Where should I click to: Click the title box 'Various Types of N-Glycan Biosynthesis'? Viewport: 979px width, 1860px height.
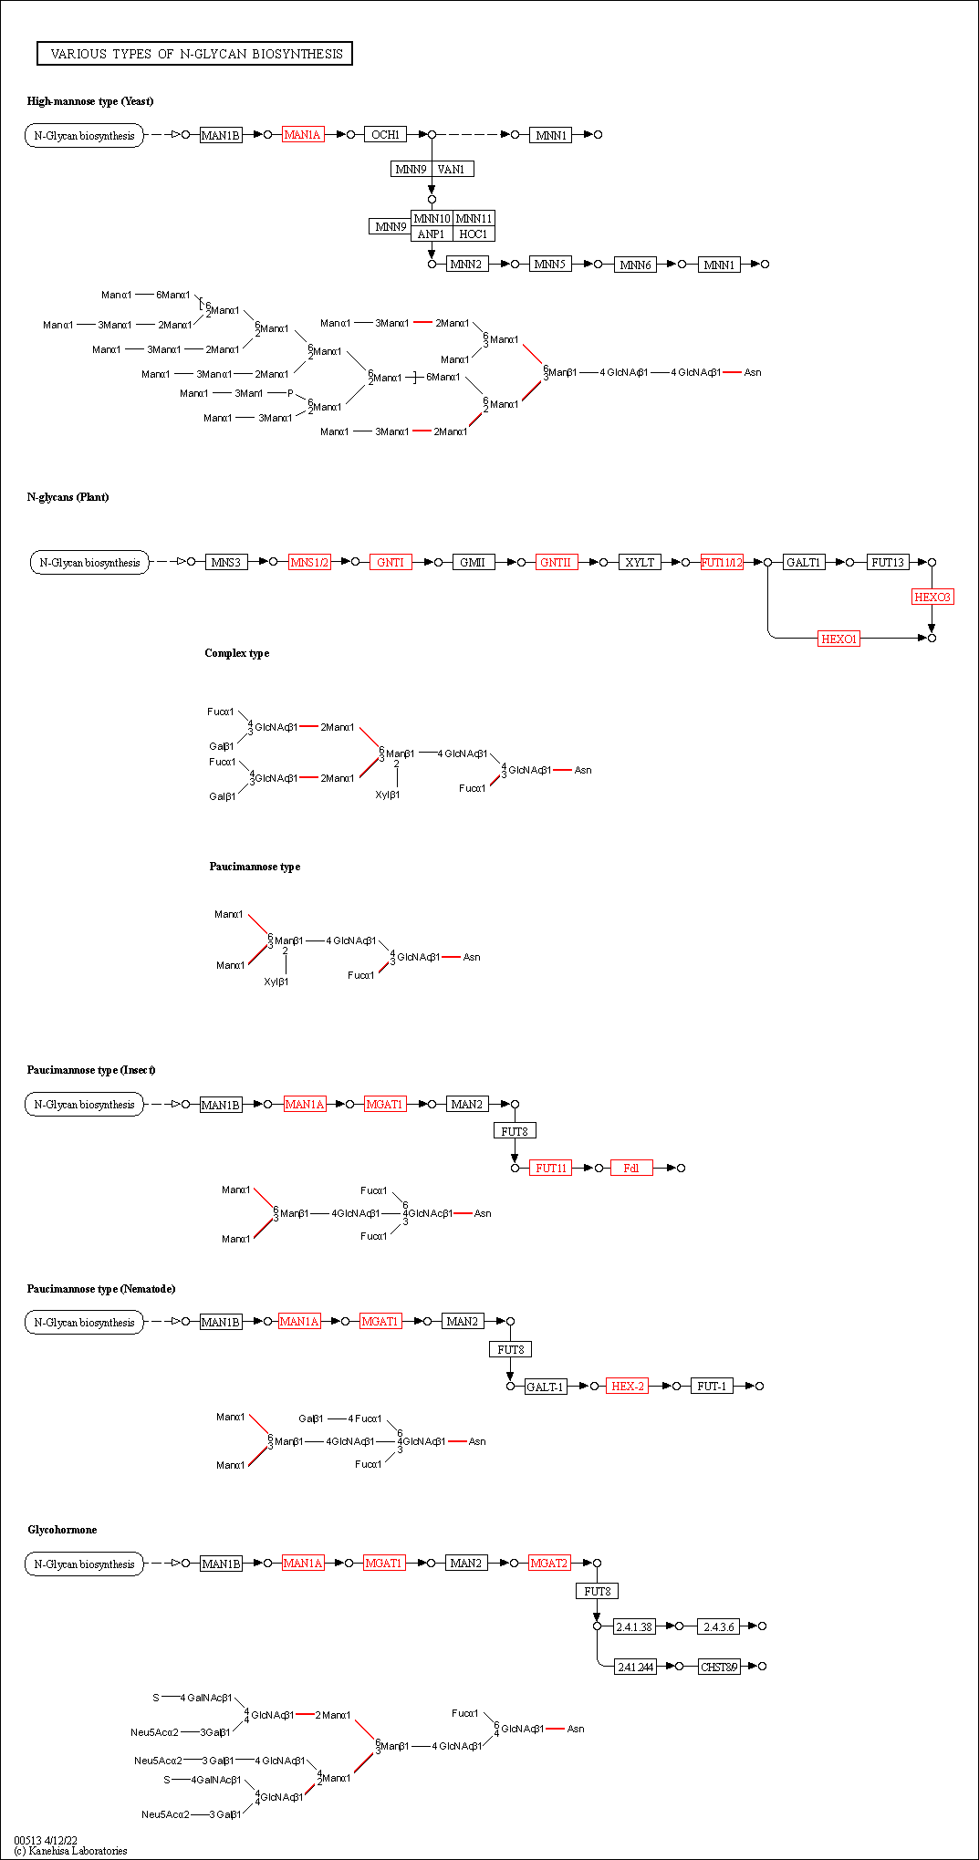tap(194, 54)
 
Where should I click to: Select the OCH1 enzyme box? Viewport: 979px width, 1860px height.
tap(385, 135)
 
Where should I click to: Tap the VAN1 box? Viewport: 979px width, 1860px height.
tap(452, 169)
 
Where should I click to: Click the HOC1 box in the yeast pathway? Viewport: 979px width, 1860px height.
tap(474, 234)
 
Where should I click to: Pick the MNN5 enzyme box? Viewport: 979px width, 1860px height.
tap(550, 265)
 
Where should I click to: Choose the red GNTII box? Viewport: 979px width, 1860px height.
tap(556, 563)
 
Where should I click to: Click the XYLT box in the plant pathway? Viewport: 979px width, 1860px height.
tap(640, 563)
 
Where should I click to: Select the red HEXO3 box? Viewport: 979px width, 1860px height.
tap(932, 597)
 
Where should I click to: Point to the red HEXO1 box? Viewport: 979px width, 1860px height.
tap(838, 639)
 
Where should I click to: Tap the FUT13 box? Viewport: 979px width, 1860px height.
tap(888, 563)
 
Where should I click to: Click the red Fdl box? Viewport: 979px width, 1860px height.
tap(631, 1169)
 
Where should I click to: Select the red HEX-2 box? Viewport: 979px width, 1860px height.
tap(628, 1387)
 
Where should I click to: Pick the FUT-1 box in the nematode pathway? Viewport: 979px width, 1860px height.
tap(712, 1387)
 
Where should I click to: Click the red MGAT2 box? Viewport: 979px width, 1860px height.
tap(549, 1564)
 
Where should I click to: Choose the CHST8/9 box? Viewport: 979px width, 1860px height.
tap(719, 1668)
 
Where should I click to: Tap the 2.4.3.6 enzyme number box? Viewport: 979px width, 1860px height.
tap(719, 1627)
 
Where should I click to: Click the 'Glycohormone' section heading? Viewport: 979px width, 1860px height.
tap(62, 1530)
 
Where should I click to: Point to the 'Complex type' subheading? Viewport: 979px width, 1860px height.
tap(237, 653)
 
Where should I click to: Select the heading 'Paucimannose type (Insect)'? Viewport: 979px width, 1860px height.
tap(91, 1070)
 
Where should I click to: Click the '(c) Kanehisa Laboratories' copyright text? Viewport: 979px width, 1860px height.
tap(71, 1851)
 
